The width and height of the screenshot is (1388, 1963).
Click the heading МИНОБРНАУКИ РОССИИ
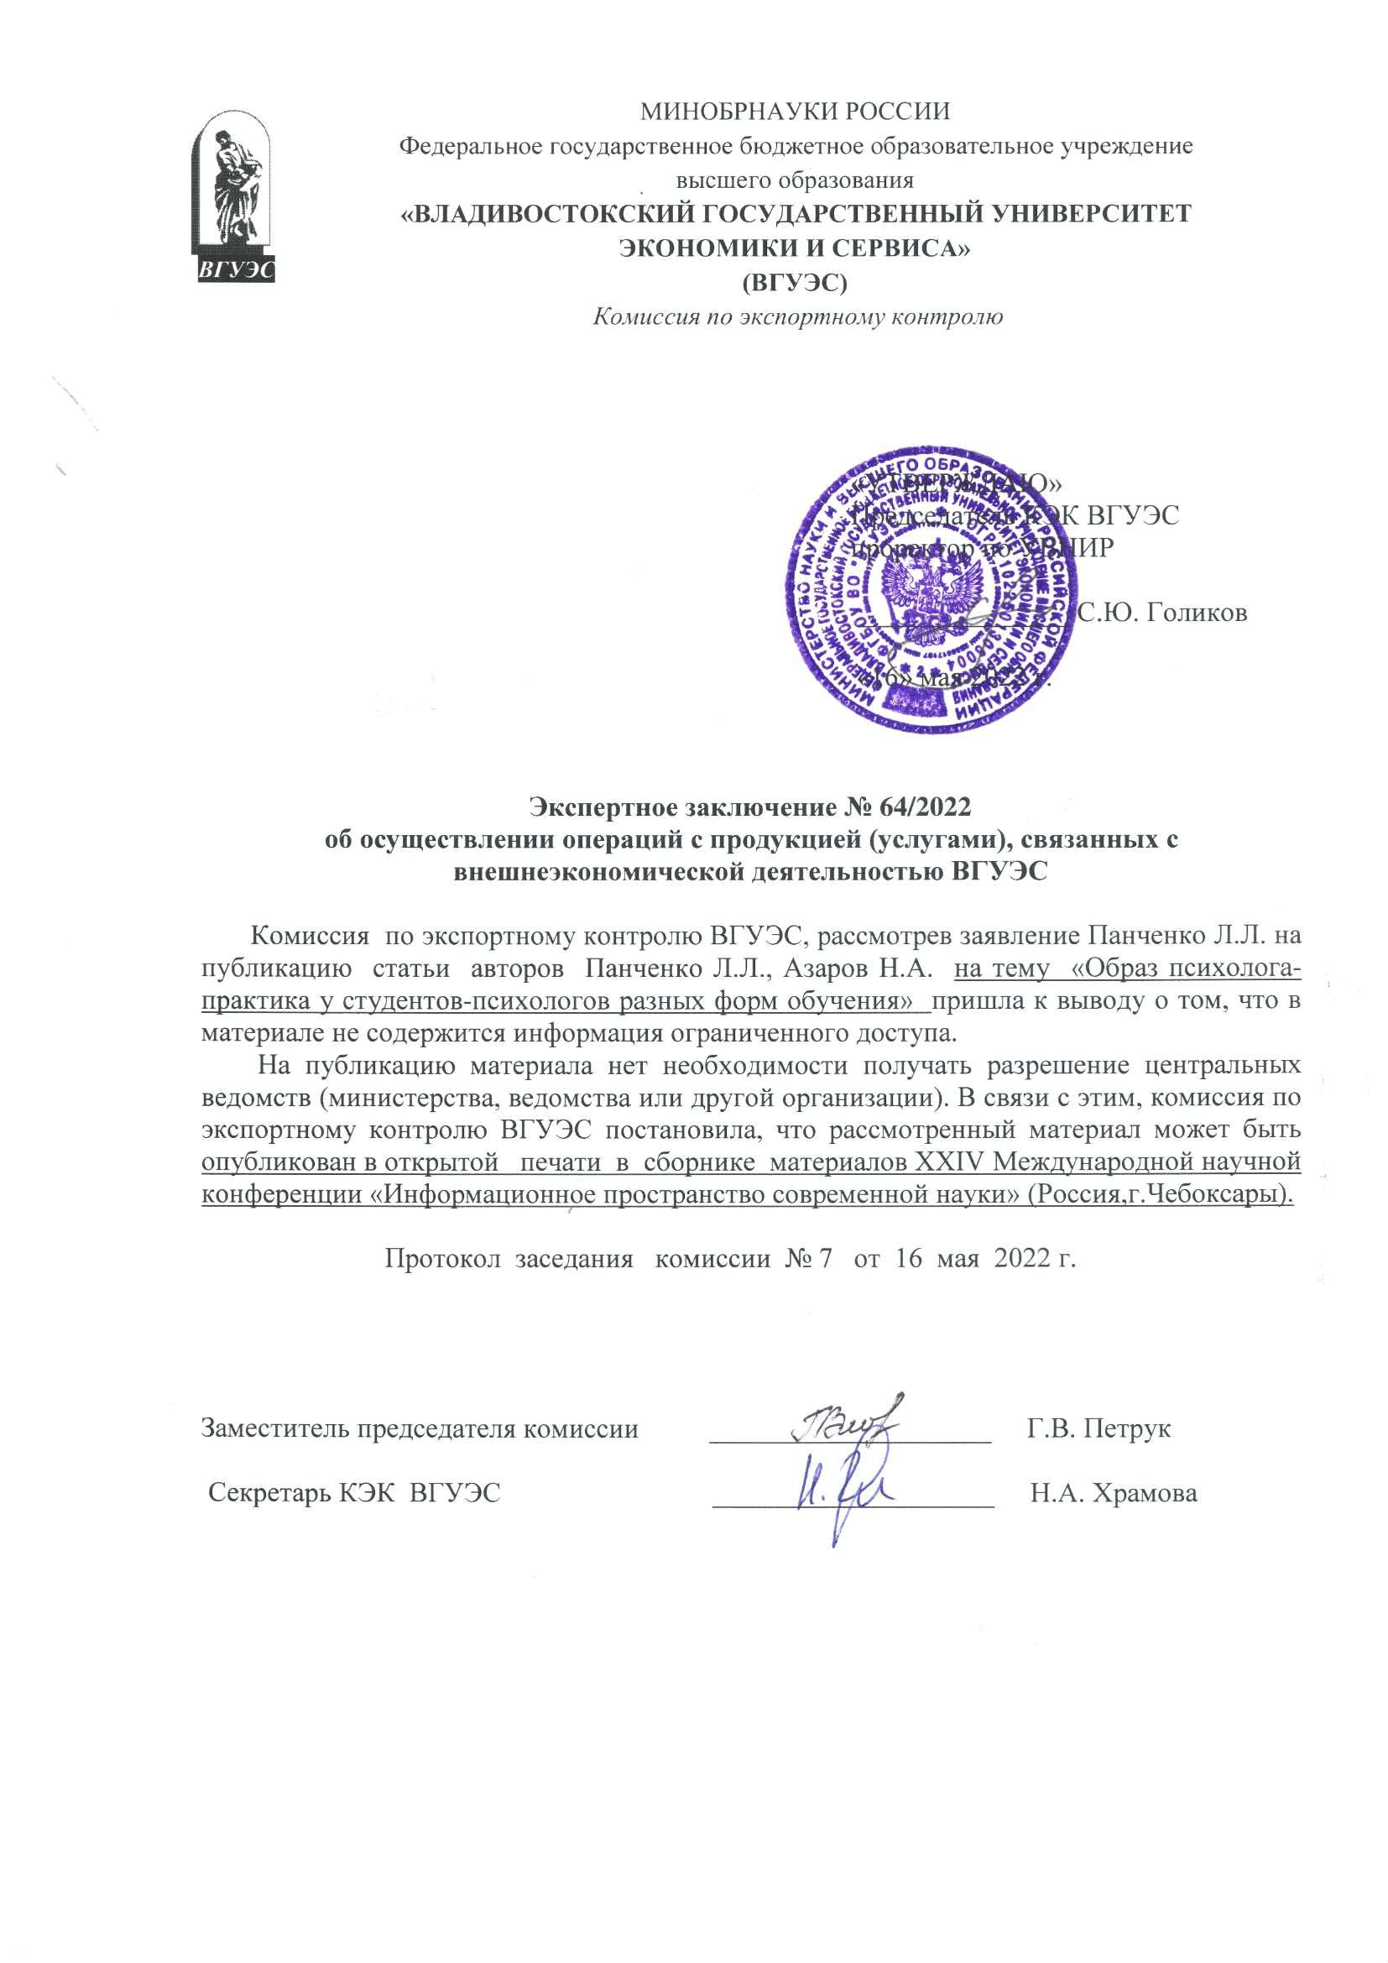click(x=795, y=111)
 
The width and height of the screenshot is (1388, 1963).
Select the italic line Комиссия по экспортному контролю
click(x=797, y=317)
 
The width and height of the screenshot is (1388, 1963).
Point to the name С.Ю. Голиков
click(x=1161, y=612)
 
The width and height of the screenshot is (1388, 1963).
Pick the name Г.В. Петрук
click(x=1098, y=1428)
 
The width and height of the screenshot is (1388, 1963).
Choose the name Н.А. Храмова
click(x=1114, y=1494)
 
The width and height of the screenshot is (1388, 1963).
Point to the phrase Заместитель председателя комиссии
click(x=420, y=1428)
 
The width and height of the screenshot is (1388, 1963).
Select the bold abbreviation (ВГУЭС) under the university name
click(x=795, y=282)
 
